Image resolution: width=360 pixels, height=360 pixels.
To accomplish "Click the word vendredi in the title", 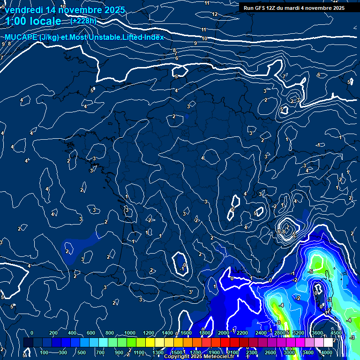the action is (23, 10).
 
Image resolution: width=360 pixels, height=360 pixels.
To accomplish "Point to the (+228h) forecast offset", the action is (83, 21).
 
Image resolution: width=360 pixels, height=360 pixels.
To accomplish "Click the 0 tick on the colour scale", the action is (32, 333).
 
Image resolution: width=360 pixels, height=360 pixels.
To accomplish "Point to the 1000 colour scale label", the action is (129, 333).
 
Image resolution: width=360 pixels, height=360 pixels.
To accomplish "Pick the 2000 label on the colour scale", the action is (223, 333).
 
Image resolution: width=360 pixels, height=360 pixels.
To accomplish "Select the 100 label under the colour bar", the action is (45, 352).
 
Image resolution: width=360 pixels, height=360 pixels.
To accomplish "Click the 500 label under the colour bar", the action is (81, 352).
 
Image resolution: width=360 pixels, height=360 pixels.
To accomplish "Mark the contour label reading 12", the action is (215, 14).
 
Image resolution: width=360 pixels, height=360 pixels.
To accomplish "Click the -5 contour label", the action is (310, 271).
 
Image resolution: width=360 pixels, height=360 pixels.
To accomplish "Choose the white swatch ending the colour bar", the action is (338, 343).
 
